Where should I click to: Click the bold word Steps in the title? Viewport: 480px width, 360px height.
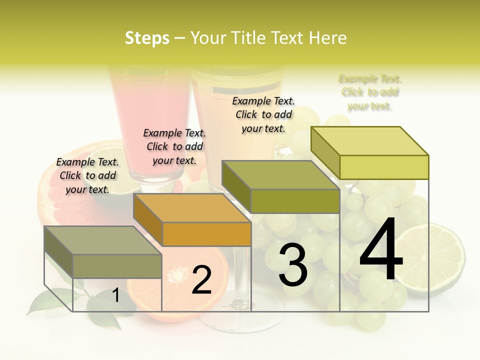click(x=147, y=38)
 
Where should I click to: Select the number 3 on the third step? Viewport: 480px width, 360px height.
click(x=292, y=265)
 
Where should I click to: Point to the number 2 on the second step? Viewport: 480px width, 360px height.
click(x=201, y=279)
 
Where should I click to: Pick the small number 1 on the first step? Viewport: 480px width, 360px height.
click(x=115, y=295)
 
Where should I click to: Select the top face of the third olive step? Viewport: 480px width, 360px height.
click(x=280, y=175)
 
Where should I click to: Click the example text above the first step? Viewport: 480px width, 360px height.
click(x=87, y=175)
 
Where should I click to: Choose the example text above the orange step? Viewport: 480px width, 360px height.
click(x=174, y=146)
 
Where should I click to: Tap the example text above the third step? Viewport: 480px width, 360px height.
click(x=263, y=114)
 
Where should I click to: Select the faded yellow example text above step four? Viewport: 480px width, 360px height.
click(x=370, y=92)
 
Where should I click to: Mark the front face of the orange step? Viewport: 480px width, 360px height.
click(x=206, y=234)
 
